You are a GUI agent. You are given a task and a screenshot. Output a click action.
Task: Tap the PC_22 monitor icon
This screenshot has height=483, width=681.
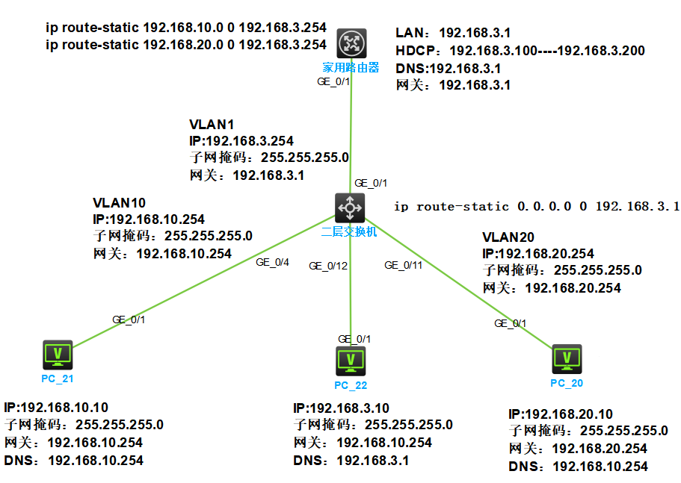[350, 360]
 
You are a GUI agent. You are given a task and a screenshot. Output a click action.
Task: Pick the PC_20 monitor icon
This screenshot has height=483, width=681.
[566, 358]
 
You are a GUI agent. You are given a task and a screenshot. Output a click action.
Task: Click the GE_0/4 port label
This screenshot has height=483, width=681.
[272, 262]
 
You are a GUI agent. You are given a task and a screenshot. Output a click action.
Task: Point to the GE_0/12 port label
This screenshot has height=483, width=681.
[328, 266]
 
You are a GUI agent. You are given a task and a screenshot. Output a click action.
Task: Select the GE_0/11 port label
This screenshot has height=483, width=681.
[403, 265]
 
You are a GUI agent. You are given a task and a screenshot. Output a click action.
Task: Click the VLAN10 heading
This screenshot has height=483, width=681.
[119, 202]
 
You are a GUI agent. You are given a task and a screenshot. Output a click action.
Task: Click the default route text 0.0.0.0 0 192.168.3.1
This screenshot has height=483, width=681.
[536, 206]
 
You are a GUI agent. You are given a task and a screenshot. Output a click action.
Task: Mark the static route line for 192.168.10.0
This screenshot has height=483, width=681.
[186, 28]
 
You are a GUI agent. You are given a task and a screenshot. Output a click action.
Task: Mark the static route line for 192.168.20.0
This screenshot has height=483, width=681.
[186, 44]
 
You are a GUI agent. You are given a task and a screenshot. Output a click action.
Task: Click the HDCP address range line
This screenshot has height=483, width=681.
[520, 51]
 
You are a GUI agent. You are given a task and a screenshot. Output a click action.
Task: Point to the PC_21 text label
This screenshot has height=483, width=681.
[58, 378]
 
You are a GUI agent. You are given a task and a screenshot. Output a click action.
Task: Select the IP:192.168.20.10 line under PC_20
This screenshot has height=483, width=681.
[561, 414]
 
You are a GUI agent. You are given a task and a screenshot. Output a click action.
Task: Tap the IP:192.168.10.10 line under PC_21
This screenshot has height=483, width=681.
[56, 408]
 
